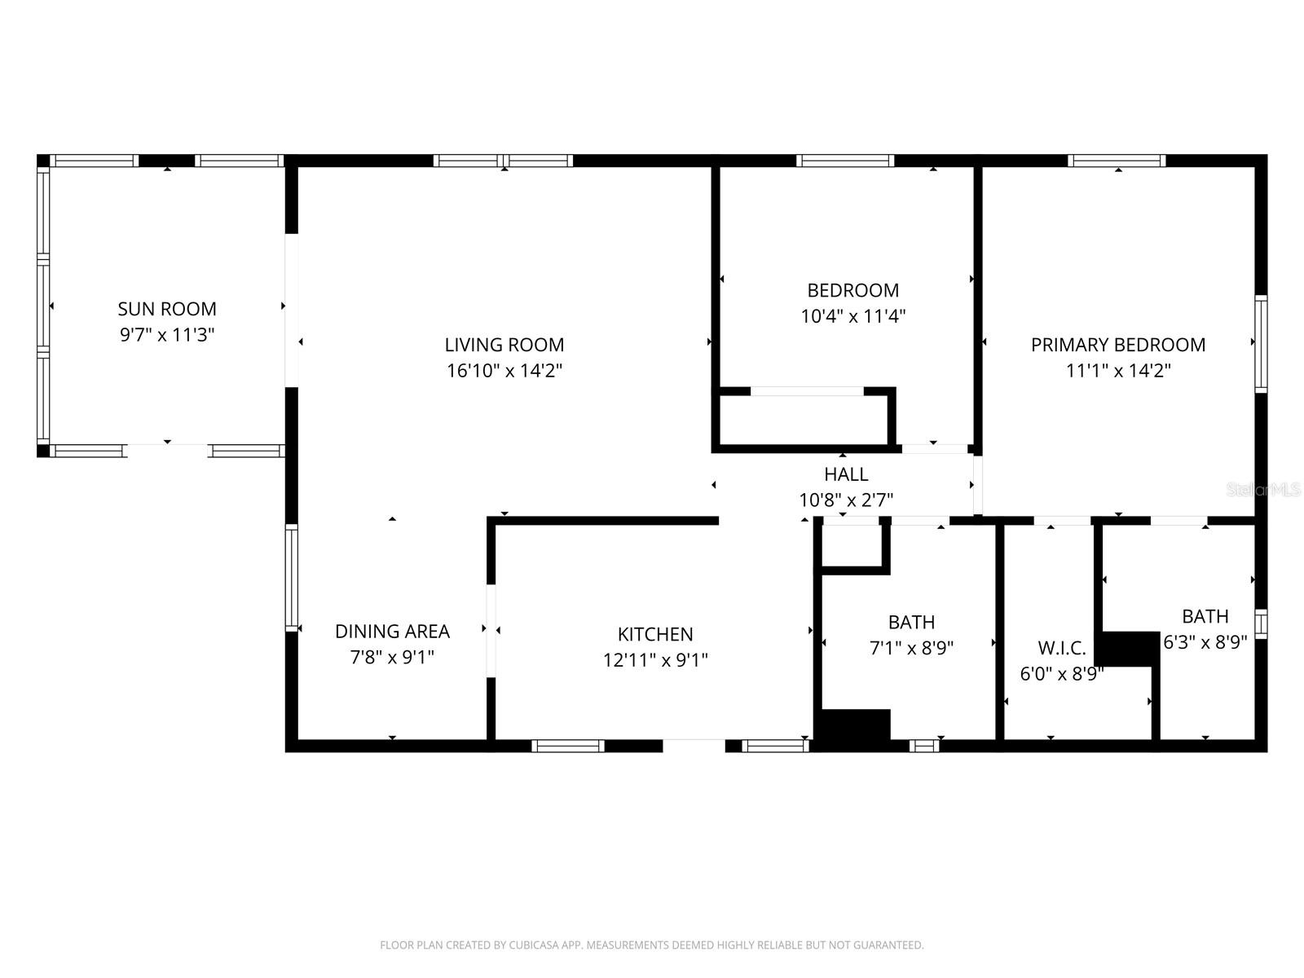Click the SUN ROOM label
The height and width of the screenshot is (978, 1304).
pos(167,309)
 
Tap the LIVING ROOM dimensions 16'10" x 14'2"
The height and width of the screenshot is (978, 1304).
pos(504,371)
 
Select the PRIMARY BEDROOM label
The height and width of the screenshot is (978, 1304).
pos(1118,345)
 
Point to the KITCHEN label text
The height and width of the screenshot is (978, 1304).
pos(655,634)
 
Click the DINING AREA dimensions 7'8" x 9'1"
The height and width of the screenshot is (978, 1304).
pos(392,657)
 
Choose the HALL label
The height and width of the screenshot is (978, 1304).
pos(846,474)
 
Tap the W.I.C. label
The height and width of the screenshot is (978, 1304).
pos(1061,649)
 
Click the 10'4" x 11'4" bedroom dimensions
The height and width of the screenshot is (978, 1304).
pos(853,316)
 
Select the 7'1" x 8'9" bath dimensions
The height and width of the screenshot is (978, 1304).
pos(911,648)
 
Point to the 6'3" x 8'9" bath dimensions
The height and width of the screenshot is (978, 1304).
pos(1205,642)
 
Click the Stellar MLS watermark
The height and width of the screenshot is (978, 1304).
pos(1263,490)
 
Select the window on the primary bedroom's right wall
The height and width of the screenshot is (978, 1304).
pos(1261,344)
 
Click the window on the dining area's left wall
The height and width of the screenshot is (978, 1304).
pos(291,578)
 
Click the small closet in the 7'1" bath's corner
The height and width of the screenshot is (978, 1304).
pos(852,544)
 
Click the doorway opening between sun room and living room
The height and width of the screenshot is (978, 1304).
pos(291,311)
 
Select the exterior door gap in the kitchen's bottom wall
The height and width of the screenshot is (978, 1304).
pos(694,745)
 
